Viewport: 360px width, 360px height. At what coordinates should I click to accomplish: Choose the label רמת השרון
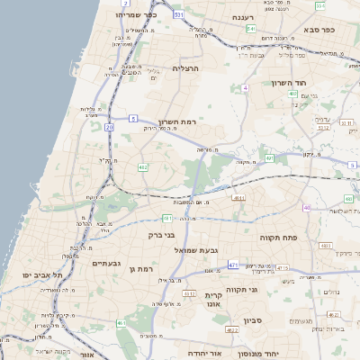tap(177, 121)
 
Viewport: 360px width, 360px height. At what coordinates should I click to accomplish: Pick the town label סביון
tap(252, 319)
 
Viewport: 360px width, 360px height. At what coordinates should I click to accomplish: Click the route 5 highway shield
tap(132, 118)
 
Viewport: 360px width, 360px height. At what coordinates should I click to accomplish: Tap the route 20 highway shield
tap(109, 128)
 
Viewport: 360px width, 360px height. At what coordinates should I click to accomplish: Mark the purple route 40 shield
tap(306, 208)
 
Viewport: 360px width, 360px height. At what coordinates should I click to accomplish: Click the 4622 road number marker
tap(231, 331)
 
